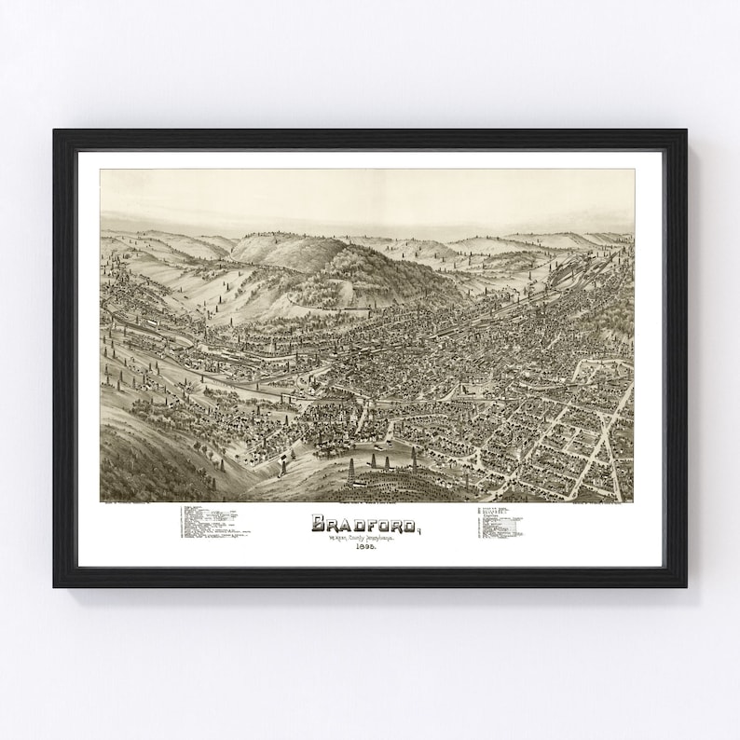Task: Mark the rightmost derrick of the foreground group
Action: [x=414, y=459]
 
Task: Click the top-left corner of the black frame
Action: [x=55, y=130]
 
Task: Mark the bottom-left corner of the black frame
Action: [x=55, y=585]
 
